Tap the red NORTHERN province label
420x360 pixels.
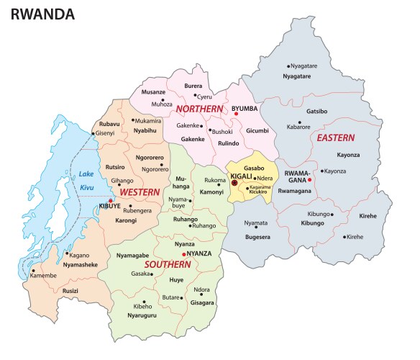point(201,109)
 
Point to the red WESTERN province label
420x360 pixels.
point(140,193)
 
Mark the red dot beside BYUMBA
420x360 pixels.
point(236,114)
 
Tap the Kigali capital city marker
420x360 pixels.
point(234,184)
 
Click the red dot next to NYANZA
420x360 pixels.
point(184,254)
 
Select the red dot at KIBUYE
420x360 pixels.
point(110,201)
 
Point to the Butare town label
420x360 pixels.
point(170,297)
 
